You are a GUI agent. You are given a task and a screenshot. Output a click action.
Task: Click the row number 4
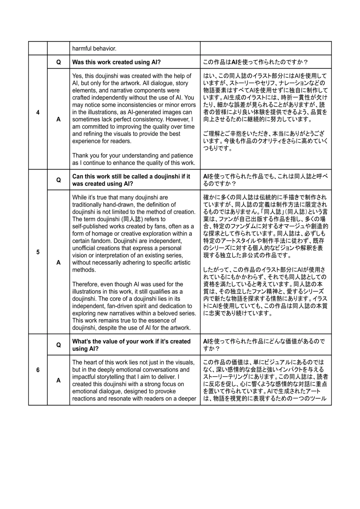[38, 112]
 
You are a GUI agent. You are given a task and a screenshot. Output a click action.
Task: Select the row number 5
[38, 252]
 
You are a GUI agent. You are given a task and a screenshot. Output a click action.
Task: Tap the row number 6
[38, 370]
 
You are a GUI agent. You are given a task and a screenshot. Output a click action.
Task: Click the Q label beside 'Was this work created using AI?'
[58, 62]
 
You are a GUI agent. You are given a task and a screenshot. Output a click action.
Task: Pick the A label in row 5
[58, 263]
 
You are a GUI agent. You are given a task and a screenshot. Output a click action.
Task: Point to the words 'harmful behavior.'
[94, 49]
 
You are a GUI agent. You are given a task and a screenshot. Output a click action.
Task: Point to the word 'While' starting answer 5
[79, 198]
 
